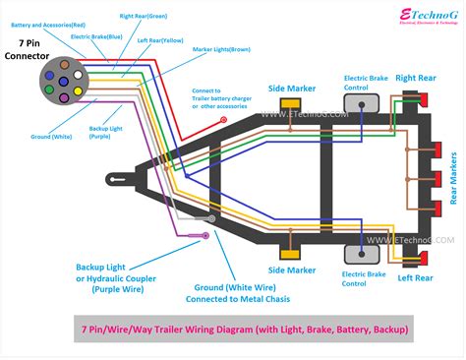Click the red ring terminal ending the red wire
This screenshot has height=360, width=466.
click(x=224, y=120)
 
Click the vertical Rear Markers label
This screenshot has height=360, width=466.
click(x=453, y=179)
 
